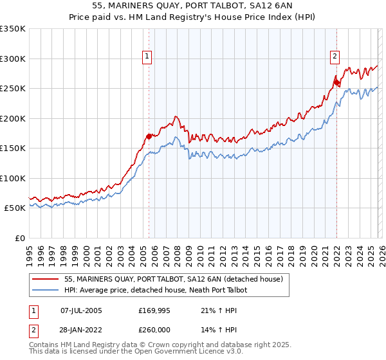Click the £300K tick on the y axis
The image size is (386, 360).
pyautogui.click(x=13, y=59)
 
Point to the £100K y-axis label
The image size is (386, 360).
pyautogui.click(x=13, y=178)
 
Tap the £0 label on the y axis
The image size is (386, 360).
pyautogui.click(x=21, y=238)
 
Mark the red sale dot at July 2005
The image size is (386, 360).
pyautogui.click(x=149, y=136)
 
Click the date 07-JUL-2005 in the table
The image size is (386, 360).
pyautogui.click(x=81, y=310)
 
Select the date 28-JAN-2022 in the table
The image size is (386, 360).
pyautogui.click(x=81, y=330)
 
